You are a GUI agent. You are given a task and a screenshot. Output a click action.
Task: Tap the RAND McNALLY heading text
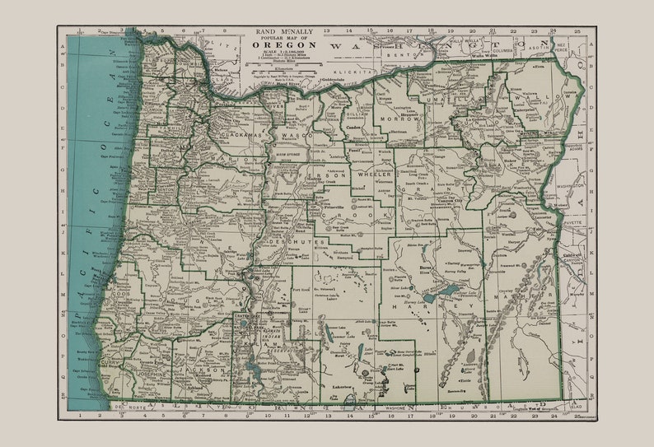pyautogui.click(x=280, y=30)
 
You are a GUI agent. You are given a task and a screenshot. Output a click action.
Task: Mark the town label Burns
pyautogui.click(x=426, y=268)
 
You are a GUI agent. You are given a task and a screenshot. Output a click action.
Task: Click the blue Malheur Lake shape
pyautogui.click(x=449, y=291)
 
